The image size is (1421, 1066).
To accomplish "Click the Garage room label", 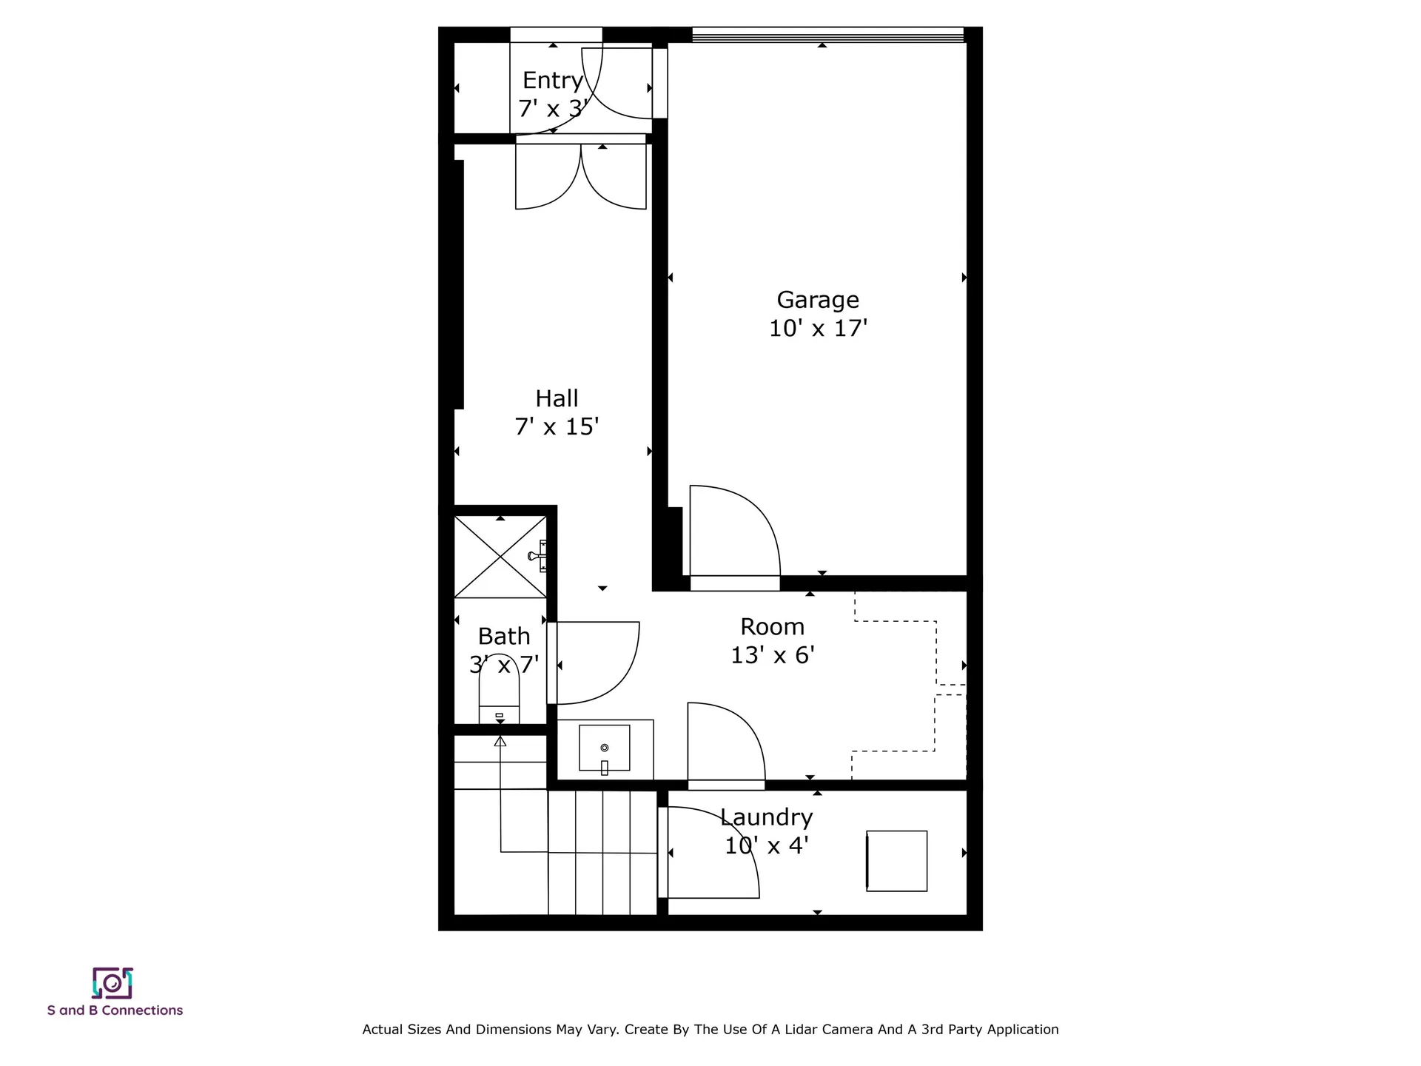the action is point(818,301).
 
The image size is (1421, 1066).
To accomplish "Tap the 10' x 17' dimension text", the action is point(818,328).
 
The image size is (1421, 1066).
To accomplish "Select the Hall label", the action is point(557,398).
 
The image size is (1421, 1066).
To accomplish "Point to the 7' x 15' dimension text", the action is point(557,426).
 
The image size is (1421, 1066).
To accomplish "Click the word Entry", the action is point(553,81).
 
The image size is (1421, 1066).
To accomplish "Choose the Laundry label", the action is point(766,817).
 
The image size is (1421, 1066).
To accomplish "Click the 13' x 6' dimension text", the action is point(773,655).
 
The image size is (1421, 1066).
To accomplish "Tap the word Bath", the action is point(504,637).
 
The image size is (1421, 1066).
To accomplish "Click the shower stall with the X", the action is point(500,557).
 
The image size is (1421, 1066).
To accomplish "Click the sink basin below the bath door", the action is point(605,748).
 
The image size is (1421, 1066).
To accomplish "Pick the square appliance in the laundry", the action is point(896,861).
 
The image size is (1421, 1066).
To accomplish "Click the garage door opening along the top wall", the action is point(828,35).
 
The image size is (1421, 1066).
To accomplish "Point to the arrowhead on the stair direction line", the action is point(500,740).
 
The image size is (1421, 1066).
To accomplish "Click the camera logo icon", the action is point(112,983).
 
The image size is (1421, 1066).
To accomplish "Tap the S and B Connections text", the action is point(115,1010).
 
